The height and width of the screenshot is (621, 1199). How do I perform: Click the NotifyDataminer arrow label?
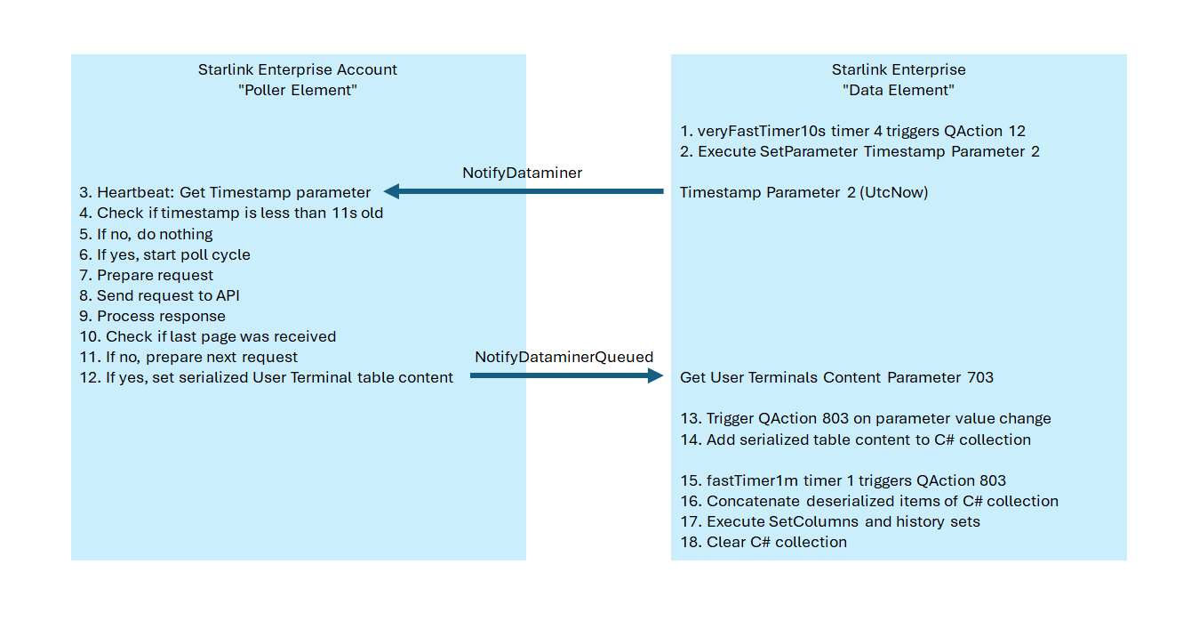pos(522,173)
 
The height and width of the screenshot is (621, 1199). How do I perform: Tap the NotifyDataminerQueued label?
pos(564,357)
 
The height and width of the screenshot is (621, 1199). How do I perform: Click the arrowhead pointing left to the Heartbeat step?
pos(391,191)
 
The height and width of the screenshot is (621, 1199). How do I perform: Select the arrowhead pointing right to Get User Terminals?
pos(656,376)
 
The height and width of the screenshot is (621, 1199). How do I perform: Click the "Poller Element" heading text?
pos(298,90)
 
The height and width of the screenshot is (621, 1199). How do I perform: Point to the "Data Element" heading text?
pos(898,90)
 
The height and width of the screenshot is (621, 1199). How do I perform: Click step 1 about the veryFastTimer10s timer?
pos(852,131)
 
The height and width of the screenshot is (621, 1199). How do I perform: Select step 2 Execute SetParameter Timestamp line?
pos(859,151)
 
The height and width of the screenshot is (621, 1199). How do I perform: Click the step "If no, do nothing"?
pos(146,234)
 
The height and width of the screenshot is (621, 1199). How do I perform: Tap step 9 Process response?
pos(152,316)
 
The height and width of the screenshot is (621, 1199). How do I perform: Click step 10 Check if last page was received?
pos(207,336)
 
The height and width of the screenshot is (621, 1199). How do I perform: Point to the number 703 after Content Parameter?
pos(979,377)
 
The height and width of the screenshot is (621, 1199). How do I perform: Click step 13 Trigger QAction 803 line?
pos(865,418)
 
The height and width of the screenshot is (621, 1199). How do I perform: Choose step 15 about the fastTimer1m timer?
pos(843,480)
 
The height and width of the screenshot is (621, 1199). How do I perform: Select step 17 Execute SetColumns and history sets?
pos(829,521)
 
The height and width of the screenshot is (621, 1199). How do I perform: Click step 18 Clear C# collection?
pos(763,542)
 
